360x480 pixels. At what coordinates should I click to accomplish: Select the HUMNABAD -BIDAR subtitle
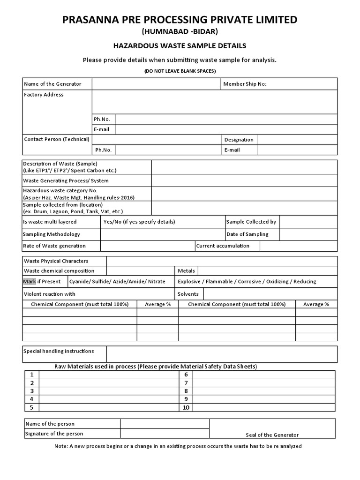180,32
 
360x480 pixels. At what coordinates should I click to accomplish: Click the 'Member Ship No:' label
245,84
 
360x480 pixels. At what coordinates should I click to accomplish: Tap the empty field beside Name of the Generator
156,84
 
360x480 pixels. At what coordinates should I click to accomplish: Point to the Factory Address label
44,95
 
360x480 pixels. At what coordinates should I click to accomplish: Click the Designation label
239,140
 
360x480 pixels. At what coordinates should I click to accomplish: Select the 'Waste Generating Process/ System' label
66,180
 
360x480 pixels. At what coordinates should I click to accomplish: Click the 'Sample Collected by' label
251,222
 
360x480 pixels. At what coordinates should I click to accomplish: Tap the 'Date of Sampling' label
247,234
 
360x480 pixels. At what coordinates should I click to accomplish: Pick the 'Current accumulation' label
223,246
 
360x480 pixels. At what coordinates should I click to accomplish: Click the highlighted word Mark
29,282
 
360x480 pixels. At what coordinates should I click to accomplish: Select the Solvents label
188,294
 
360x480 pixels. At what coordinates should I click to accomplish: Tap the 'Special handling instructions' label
59,351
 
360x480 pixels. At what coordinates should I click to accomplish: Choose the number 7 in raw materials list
186,382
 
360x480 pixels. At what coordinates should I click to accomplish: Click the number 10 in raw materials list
186,407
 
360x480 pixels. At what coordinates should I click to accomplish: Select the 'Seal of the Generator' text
272,435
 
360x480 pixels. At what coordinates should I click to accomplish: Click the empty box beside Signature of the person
165,434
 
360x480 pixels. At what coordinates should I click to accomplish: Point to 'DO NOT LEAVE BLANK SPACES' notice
180,71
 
